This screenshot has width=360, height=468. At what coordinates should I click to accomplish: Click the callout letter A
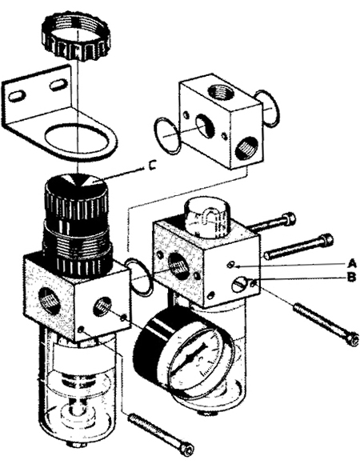point(352,264)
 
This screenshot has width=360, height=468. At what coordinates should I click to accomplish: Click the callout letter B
point(352,278)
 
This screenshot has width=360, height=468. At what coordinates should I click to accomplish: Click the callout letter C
point(152,166)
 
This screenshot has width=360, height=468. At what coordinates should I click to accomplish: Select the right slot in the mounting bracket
point(57,86)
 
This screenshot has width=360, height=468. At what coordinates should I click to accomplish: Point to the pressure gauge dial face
point(197,358)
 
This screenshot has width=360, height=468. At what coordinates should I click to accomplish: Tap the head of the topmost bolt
point(289,218)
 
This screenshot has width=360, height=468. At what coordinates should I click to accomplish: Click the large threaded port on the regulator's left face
point(48,300)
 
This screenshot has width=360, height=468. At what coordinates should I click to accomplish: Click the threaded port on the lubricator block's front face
point(178,264)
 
